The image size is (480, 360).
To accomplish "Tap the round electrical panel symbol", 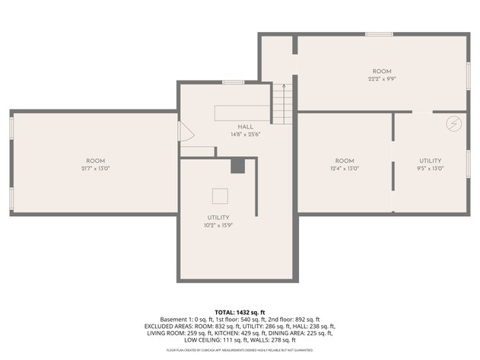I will point(453,123).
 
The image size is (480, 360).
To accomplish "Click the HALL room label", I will point(246,126).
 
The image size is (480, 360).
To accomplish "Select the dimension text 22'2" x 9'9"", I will point(381,77).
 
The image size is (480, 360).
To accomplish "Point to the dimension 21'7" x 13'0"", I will point(95,168).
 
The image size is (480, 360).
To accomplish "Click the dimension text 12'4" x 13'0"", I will point(345,168).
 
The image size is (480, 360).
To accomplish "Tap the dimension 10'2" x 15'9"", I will point(218,225).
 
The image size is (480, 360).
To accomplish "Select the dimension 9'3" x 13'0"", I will point(430,168).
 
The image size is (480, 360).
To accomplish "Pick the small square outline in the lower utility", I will point(219,196).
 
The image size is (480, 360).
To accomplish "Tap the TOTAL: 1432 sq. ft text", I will point(240,313).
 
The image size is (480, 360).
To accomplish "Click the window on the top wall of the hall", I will point(233,82).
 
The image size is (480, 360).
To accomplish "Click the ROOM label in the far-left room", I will point(95,161).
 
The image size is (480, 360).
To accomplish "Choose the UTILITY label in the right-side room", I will point(430,161).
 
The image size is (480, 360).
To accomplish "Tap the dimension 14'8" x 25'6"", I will point(246,134).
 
